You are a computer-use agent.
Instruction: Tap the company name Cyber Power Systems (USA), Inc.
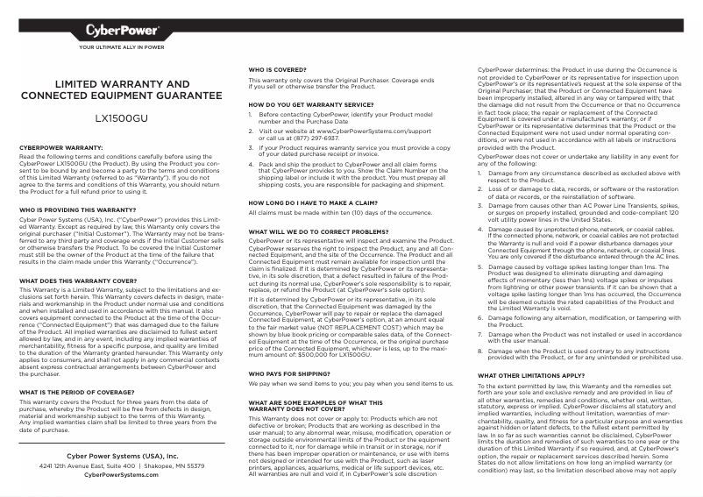coord(122,457)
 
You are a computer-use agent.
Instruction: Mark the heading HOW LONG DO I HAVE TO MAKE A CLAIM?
coord(311,202)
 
